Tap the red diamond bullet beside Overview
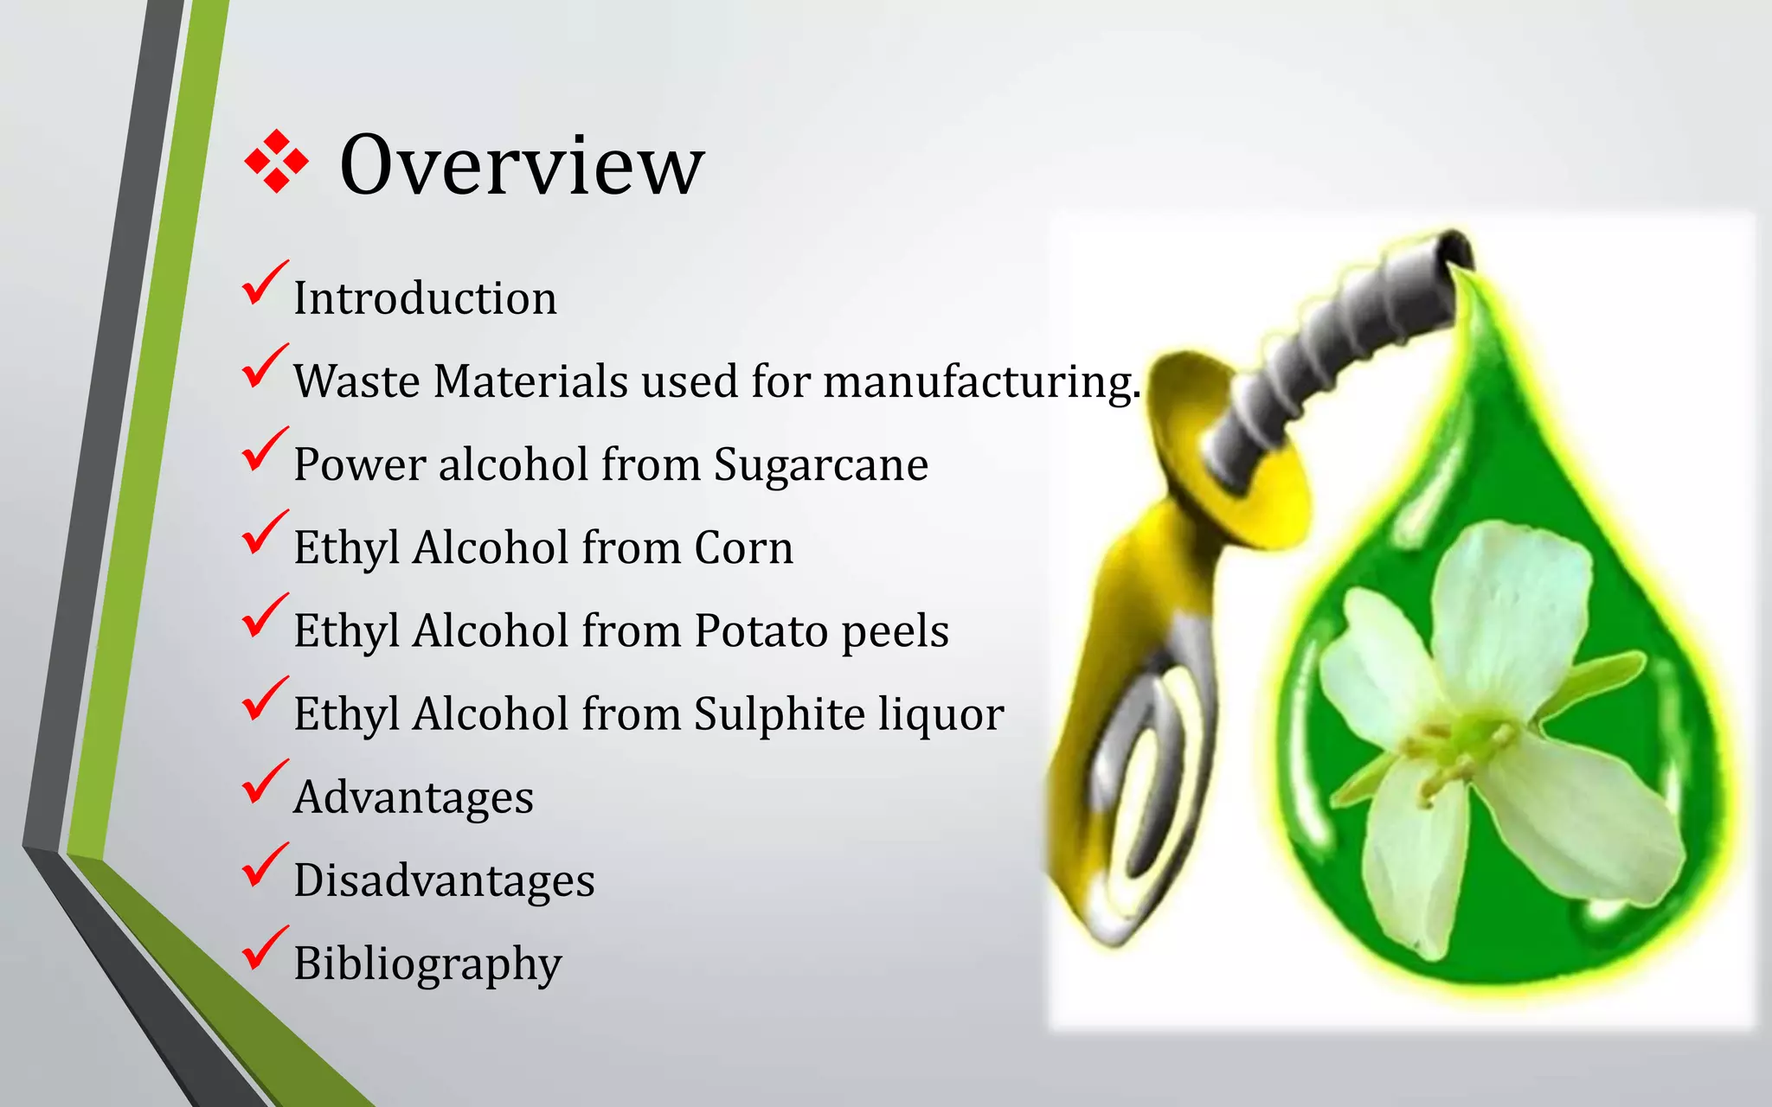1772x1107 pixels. pos(276,161)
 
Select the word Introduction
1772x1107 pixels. pos(425,298)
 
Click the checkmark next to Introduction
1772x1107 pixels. pos(263,285)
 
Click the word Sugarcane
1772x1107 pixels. pos(820,464)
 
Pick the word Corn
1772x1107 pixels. pos(743,547)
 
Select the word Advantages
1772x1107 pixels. pos(414,797)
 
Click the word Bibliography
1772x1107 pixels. pos(427,963)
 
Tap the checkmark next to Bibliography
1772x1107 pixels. pos(263,950)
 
